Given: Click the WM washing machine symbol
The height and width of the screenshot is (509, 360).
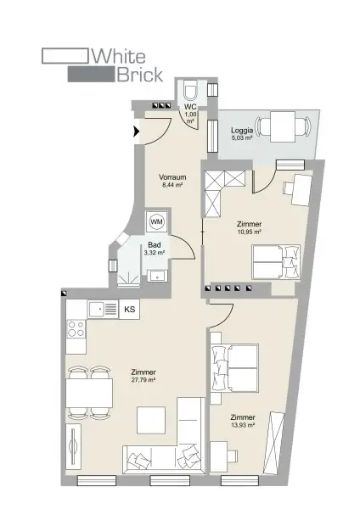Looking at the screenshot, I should coord(157,221).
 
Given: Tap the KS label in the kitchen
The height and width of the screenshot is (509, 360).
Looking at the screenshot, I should coord(130,310).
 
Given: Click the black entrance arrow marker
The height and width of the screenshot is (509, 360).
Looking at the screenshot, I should coord(136,131).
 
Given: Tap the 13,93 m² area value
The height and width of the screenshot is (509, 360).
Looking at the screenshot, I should coord(243,426).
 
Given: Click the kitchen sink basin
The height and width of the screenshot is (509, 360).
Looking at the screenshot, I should coord(97,310).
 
